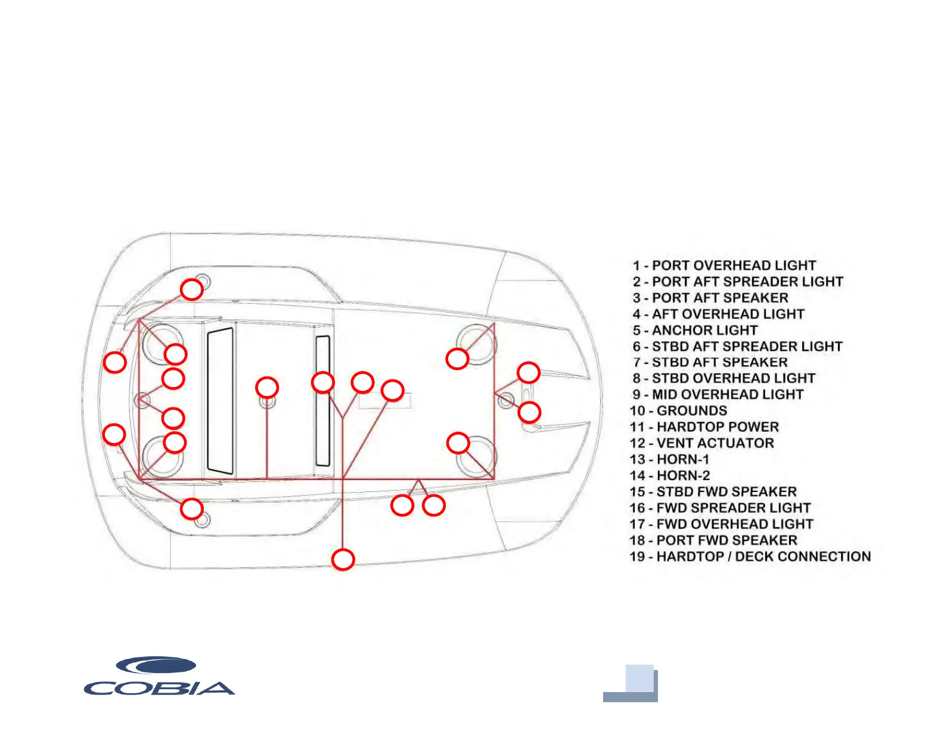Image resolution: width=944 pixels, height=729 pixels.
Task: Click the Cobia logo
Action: (x=159, y=677)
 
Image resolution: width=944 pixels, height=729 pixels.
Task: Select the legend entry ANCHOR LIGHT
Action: (x=695, y=331)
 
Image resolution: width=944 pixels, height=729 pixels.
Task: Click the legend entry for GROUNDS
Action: (x=678, y=411)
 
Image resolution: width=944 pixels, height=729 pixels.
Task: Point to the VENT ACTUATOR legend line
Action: (x=701, y=443)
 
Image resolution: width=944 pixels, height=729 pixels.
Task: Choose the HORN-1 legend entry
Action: (x=669, y=459)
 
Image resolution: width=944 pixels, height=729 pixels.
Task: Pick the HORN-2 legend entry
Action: (x=670, y=475)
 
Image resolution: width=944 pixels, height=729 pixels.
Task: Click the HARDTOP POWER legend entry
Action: (x=704, y=427)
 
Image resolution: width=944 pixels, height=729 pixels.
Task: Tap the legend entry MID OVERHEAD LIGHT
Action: (x=718, y=395)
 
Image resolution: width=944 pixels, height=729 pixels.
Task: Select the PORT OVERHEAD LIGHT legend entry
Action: (x=724, y=266)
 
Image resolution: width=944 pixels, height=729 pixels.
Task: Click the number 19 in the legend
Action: (x=637, y=557)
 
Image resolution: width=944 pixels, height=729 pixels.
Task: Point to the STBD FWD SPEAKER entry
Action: (x=713, y=492)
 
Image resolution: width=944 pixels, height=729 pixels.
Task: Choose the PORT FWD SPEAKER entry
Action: (x=713, y=540)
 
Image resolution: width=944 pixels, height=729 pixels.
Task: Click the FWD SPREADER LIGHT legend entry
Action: (x=720, y=508)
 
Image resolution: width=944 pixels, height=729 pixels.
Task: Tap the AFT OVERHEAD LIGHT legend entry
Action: (x=719, y=314)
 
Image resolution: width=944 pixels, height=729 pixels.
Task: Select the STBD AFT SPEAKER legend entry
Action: (x=710, y=363)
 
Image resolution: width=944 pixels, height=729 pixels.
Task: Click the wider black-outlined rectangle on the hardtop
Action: (x=220, y=400)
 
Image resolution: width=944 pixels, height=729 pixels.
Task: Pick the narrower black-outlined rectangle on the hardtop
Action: (x=322, y=401)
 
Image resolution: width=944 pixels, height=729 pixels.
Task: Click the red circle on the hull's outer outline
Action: (x=343, y=560)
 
